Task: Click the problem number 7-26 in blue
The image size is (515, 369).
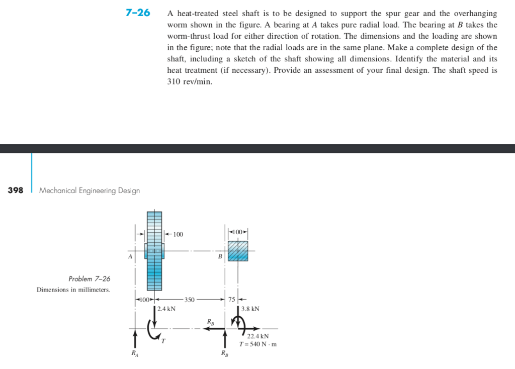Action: tap(138, 13)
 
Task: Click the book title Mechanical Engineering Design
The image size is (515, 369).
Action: tap(90, 191)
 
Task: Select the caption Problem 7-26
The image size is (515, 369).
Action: tap(89, 279)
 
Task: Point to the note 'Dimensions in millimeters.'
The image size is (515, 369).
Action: tap(73, 290)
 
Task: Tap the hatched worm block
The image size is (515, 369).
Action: tap(238, 250)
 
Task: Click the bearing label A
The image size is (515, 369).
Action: tap(130, 256)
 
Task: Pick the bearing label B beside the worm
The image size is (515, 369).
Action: tap(220, 256)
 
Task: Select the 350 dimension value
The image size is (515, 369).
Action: tap(189, 300)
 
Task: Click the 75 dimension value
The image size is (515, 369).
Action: tap(231, 300)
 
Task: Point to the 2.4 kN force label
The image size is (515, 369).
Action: tap(166, 309)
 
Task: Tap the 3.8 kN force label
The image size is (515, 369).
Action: tap(250, 309)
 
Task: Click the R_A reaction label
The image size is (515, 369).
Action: tap(134, 353)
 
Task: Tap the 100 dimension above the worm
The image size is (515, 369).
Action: tap(238, 231)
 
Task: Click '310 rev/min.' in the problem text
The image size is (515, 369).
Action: tap(190, 81)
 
